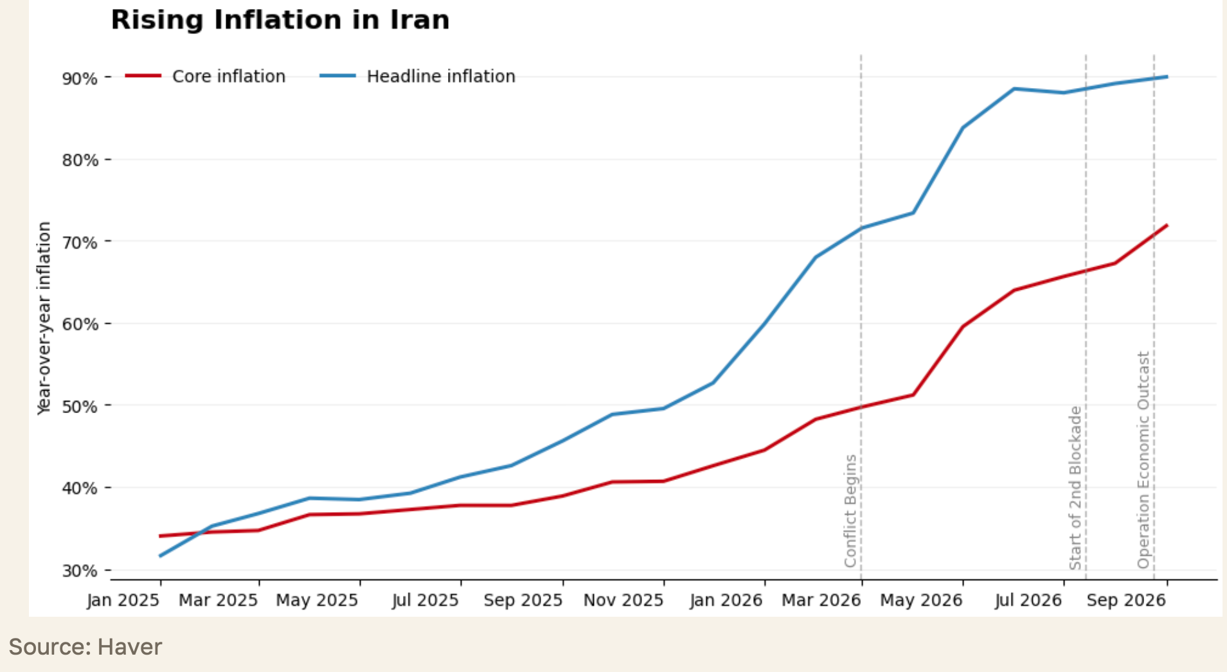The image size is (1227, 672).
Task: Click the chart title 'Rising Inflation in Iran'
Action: point(280,20)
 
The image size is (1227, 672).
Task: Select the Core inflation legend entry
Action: point(206,76)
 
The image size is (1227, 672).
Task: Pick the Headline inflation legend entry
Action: point(418,76)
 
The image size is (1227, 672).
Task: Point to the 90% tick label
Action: point(80,78)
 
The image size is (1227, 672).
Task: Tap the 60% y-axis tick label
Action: point(80,324)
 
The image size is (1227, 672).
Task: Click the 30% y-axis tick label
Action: point(80,570)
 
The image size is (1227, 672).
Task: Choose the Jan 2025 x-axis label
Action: point(123,600)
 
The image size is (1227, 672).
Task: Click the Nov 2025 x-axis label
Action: point(623,600)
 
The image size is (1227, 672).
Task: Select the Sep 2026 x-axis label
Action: point(1126,600)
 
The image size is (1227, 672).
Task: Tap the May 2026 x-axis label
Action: point(921,600)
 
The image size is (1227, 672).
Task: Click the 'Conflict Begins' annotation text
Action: point(850,511)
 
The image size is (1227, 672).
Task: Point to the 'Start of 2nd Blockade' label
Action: point(1075,488)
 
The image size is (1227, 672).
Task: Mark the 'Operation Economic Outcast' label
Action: point(1143,460)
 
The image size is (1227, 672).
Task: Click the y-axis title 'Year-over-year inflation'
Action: point(44,318)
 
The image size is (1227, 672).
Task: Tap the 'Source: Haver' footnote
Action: point(85,646)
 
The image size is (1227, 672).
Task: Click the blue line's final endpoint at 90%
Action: point(1167,77)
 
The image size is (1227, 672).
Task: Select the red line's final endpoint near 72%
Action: point(1167,225)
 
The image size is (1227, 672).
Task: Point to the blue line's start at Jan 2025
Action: point(160,556)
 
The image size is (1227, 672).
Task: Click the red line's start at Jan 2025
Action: point(160,536)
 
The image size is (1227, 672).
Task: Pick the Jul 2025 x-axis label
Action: point(425,600)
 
